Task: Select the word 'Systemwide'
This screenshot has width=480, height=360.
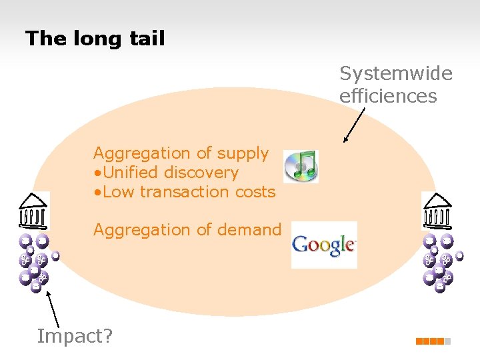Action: (396, 73)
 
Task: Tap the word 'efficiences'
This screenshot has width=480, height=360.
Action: (388, 96)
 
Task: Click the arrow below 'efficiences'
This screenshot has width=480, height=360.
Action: (354, 125)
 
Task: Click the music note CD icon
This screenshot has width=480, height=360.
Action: (301, 166)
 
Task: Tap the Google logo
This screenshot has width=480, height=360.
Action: (324, 245)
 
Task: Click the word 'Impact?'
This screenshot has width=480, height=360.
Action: (75, 336)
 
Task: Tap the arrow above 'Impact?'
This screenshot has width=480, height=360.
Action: (51, 311)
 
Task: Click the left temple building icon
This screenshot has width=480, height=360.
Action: (33, 211)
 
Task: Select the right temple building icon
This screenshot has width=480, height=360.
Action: (437, 211)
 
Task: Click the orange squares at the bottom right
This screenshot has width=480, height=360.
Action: (433, 341)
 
